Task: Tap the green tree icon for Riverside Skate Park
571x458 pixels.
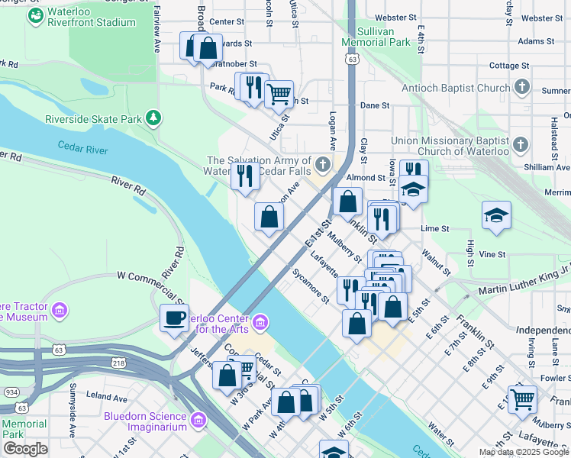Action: (154, 118)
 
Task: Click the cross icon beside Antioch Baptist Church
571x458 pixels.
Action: (521, 88)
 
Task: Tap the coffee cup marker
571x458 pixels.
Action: (174, 317)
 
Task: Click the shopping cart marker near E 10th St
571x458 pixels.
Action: (522, 398)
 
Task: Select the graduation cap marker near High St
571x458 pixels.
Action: (495, 215)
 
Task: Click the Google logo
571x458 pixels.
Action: (25, 449)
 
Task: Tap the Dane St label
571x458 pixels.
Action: (375, 105)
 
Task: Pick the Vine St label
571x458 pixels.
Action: (493, 253)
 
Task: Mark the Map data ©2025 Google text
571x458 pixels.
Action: (524, 452)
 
